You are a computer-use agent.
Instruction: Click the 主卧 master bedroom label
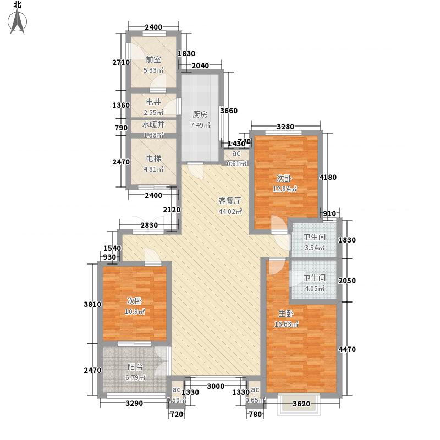click(285, 315)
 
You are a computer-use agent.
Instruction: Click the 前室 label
click(153, 61)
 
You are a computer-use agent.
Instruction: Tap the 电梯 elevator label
click(153, 158)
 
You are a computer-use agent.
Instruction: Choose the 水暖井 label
click(153, 125)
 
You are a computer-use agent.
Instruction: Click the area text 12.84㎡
click(285, 189)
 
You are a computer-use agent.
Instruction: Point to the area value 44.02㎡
click(230, 212)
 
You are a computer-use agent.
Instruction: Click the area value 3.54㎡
click(314, 248)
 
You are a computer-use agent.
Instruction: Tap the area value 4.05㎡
click(314, 288)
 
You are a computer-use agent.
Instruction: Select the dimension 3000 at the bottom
click(215, 387)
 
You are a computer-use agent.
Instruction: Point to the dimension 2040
click(200, 66)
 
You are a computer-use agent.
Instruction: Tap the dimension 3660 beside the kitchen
click(229, 111)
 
